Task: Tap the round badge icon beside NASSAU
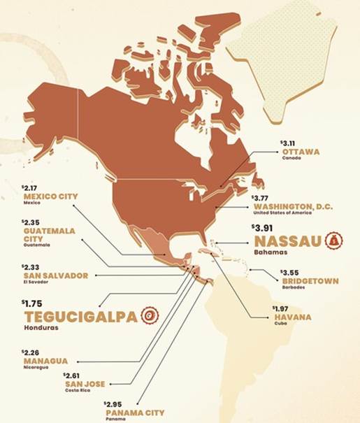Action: coord(334,241)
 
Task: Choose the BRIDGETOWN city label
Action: coord(309,281)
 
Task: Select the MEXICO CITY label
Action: coord(50,197)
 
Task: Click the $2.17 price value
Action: coord(31,188)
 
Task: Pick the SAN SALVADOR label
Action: coord(56,275)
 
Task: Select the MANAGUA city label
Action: coord(45,361)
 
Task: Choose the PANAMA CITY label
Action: coord(134,413)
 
